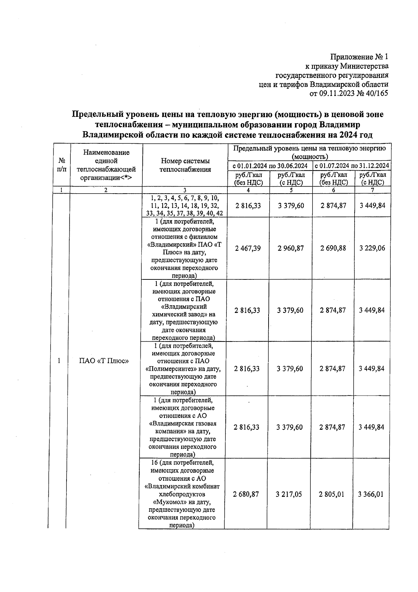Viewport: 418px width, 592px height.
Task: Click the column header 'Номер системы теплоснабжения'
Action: pos(185,165)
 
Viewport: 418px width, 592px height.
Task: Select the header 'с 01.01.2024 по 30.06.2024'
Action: pos(270,165)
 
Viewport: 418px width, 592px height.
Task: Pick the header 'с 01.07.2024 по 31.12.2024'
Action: pos(351,165)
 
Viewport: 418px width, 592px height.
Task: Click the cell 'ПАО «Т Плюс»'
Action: pos(104,361)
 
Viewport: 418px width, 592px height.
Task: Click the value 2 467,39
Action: pos(248,248)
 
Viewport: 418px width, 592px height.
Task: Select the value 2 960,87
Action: pos(291,248)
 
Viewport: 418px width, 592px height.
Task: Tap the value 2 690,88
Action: pos(333,248)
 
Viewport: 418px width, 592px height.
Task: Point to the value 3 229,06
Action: pos(372,248)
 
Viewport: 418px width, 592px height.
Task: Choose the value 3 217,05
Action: pos(289,494)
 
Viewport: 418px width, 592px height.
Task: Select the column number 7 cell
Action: pos(372,190)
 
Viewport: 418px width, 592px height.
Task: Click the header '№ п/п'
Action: pos(62,165)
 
